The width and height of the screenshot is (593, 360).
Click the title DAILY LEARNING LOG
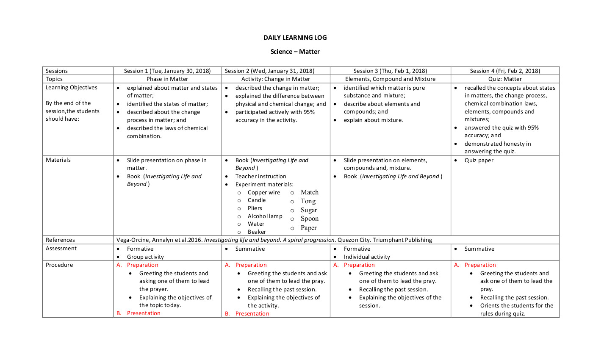295,37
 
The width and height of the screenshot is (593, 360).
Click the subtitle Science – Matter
295,52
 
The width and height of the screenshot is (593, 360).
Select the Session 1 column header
167,71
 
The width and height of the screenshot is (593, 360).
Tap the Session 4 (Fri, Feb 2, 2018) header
505,71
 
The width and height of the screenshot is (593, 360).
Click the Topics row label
54,79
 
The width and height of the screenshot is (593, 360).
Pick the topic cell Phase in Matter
167,79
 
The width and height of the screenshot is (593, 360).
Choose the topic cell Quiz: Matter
505,79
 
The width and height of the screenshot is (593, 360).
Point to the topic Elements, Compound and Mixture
390,79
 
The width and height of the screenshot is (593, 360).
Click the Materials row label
58,160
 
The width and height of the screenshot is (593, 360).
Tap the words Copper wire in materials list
263,192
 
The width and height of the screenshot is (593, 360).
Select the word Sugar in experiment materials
309,210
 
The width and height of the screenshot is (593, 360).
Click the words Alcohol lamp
265,216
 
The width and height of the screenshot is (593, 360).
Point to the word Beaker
257,232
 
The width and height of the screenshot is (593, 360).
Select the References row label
60,240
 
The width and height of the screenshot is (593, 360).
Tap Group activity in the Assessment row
145,257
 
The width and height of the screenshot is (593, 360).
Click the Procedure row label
59,265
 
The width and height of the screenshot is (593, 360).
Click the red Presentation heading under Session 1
144,313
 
